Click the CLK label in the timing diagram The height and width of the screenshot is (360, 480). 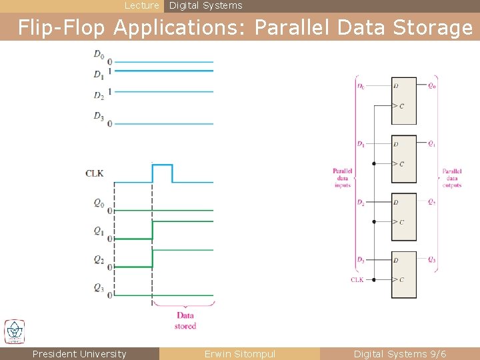[x=94, y=173]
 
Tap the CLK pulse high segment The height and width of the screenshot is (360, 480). [x=162, y=165]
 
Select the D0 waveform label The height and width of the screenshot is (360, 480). [x=98, y=54]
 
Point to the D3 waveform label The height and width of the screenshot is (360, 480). [x=98, y=117]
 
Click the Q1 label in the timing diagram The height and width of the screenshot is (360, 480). [x=98, y=231]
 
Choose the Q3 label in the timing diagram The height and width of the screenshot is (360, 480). [x=98, y=288]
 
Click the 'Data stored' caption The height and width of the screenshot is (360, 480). [x=185, y=321]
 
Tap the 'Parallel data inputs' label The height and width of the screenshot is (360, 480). [x=342, y=178]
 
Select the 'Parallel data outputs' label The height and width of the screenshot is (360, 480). [x=451, y=178]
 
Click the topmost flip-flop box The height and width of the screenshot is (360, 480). [x=403, y=101]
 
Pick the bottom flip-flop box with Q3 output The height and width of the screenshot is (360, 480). [x=403, y=275]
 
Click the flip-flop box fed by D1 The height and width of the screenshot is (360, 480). [x=403, y=159]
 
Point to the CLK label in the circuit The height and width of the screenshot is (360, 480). [x=357, y=280]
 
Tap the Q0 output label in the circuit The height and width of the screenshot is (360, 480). [x=432, y=85]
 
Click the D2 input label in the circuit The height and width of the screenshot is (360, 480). [x=361, y=202]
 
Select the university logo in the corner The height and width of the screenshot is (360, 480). [x=15, y=331]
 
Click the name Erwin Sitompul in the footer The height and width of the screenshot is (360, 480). [x=240, y=354]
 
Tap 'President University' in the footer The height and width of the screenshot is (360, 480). [x=79, y=354]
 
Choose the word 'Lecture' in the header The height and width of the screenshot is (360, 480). [x=142, y=5]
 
